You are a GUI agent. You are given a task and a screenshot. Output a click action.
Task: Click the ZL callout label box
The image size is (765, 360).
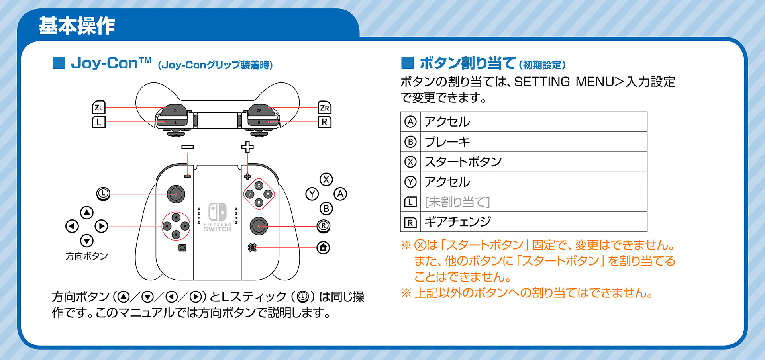pos(98,107)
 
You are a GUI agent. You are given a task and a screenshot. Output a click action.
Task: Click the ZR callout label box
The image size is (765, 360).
pos(324,107)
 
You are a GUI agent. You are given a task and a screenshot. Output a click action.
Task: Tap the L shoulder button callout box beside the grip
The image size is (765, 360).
pos(98,122)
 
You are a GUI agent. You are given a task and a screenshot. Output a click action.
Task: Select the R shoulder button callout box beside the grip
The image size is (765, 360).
pos(324,122)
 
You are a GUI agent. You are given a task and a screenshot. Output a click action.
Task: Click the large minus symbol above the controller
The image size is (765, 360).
pos(188,147)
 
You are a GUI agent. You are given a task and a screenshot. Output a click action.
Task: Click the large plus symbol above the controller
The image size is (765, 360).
pos(247,147)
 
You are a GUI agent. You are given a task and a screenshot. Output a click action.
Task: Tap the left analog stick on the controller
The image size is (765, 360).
pos(176,194)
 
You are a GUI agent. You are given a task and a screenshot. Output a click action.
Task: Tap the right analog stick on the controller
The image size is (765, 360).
pos(259,226)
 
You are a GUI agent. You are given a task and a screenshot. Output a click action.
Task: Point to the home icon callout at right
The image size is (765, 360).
pos(323,248)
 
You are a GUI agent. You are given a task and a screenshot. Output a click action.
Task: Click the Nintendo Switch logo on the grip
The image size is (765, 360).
pos(218,217)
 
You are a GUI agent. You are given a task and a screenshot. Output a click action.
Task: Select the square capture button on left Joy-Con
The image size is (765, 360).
pos(182,248)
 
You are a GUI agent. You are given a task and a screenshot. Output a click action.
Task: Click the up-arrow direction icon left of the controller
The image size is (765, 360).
pos(87,212)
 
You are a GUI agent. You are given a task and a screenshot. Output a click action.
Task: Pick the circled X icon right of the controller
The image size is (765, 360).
pos(326,179)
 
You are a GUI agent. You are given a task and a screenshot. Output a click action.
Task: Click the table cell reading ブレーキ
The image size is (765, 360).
pos(533,142)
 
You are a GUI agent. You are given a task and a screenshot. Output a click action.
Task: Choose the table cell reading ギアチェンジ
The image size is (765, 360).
pos(533,222)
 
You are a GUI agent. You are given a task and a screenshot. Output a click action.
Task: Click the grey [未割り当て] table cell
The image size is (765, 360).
pos(533,202)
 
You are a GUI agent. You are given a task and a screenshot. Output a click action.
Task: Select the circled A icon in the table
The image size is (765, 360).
pos(410,122)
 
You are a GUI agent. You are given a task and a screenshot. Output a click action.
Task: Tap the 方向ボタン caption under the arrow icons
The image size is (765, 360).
pos(87,256)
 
